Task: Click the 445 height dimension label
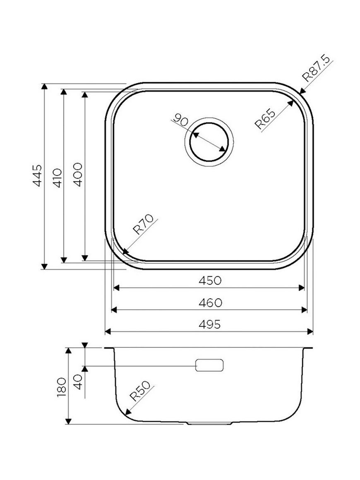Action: tap(37, 176)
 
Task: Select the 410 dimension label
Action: tap(57, 178)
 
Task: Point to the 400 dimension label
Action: tap(78, 175)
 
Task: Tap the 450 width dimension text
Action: tap(210, 281)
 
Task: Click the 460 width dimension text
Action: tap(210, 303)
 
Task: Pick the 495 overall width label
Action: tap(210, 324)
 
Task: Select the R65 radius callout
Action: tap(265, 119)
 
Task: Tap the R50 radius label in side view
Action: tap(140, 391)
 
